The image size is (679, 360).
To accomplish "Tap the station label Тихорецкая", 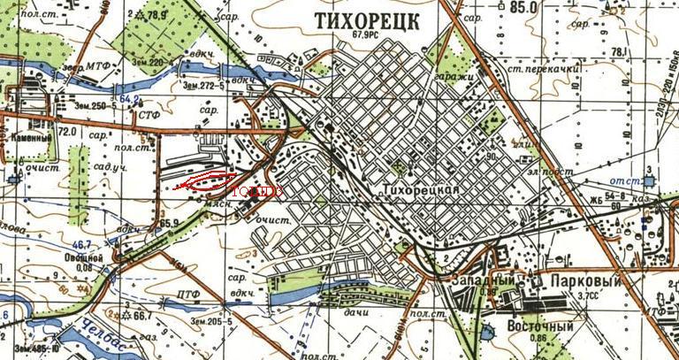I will pyautogui.click(x=423, y=191).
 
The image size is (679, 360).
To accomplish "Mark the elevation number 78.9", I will pyautogui.click(x=156, y=14).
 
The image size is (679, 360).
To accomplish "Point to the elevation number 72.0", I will pyautogui.click(x=65, y=131).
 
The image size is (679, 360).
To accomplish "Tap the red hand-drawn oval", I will pyautogui.click(x=203, y=181).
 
